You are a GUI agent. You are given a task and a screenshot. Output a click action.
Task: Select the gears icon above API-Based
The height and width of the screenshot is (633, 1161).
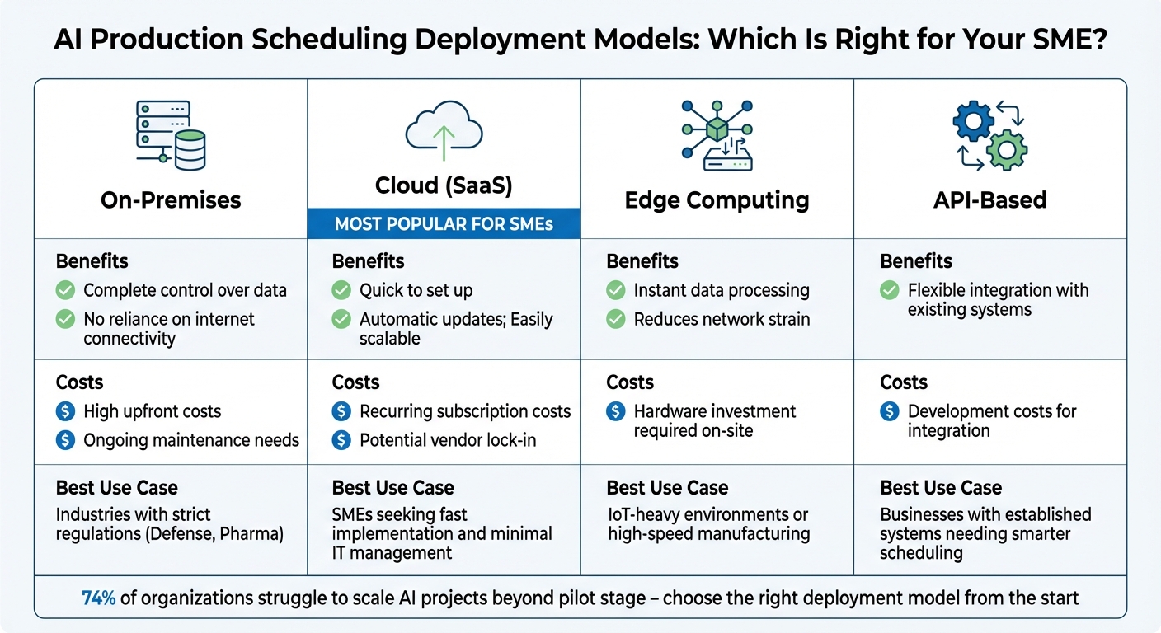point(989,136)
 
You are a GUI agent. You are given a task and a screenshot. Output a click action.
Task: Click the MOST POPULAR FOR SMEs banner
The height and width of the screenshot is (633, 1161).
point(444,224)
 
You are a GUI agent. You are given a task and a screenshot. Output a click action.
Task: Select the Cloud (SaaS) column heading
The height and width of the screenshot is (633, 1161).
point(444,186)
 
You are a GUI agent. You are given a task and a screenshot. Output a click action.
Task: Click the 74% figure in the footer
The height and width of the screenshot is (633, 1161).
point(98,598)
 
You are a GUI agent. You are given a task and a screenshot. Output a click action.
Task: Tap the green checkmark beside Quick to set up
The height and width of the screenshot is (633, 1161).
point(341,290)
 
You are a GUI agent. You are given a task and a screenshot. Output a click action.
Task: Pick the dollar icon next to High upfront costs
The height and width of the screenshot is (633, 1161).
point(65,411)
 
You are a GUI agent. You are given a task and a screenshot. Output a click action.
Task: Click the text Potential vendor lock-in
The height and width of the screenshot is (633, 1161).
point(448,440)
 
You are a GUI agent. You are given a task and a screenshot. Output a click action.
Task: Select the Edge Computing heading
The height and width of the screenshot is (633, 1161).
point(716,200)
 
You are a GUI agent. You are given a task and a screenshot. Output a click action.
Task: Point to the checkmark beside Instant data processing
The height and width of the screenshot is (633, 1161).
point(615,290)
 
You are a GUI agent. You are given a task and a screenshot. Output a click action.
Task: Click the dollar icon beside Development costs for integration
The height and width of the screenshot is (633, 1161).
point(889,411)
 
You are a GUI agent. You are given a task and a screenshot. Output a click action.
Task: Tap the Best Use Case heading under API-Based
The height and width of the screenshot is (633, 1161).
point(940,488)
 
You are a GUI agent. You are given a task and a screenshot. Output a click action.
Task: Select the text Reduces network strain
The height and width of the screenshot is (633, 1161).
point(722,319)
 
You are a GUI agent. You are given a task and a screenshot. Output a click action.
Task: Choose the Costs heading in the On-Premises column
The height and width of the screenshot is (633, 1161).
point(79,382)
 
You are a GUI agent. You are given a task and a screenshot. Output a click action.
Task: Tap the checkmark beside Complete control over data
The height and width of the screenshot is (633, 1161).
point(65,290)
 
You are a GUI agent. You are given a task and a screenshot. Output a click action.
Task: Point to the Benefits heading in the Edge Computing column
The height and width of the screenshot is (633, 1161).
point(642,261)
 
